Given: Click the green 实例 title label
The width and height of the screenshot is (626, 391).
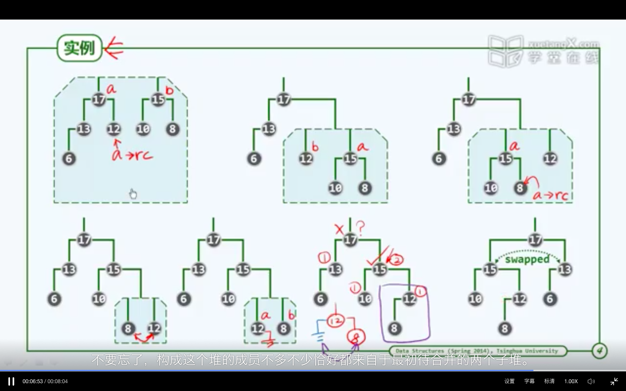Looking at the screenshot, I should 79,48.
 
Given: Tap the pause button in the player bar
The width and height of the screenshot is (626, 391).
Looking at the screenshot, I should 11,381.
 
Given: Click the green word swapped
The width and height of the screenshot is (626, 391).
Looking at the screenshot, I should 527,259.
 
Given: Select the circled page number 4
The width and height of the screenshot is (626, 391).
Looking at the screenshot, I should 599,351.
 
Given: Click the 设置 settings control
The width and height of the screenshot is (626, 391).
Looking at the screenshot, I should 509,381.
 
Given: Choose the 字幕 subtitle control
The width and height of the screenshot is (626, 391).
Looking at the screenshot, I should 529,381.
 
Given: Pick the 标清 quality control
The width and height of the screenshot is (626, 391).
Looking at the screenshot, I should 549,381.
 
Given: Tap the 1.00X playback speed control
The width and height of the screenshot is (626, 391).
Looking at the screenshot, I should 571,381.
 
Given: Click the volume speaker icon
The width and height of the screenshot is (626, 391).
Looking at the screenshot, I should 591,381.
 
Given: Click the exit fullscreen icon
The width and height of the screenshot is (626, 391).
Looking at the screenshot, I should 614,381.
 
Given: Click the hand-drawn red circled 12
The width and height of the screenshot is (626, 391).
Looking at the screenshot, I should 336,321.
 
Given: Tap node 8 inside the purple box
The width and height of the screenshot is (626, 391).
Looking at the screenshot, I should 394,328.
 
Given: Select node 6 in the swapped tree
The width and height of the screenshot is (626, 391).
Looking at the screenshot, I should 550,299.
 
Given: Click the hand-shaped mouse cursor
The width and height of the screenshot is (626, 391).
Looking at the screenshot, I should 133,194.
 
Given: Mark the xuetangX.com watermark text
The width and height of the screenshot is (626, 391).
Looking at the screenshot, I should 564,44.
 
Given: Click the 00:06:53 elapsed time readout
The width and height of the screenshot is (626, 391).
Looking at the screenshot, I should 33,381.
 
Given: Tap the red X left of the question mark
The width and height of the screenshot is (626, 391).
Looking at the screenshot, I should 340,229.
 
